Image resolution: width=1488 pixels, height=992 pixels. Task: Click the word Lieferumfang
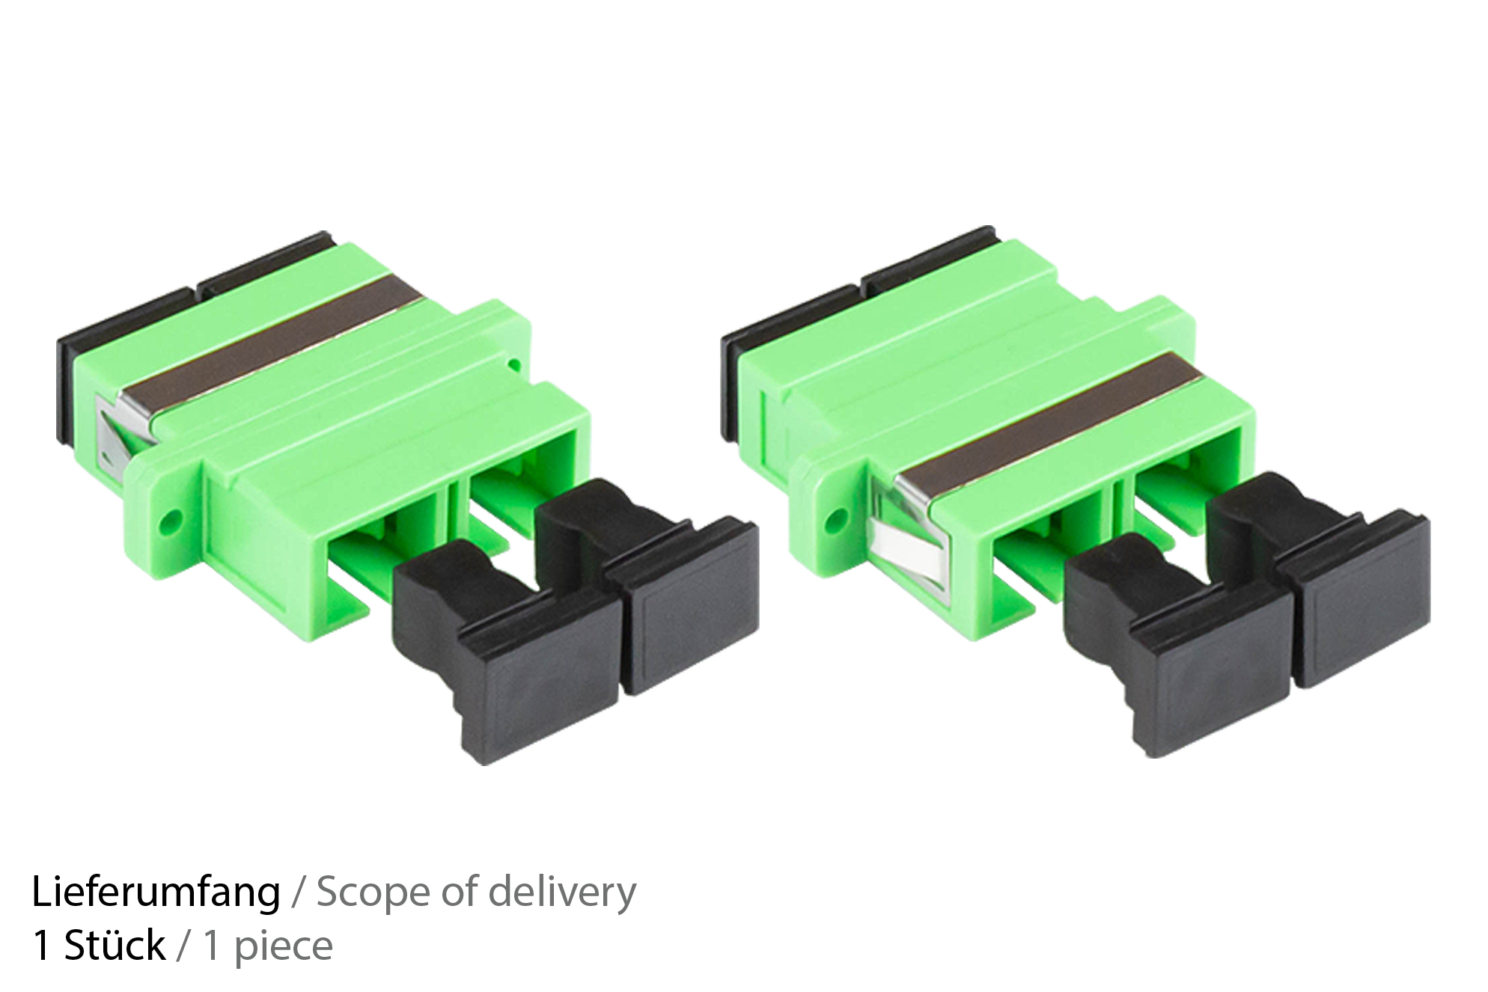pos(156,893)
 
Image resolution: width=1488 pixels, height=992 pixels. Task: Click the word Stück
pos(114,946)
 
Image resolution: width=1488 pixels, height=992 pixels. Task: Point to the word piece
pos(283,947)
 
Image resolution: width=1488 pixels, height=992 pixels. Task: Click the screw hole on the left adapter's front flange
pos(173,518)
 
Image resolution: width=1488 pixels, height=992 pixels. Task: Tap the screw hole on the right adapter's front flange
pos(838,515)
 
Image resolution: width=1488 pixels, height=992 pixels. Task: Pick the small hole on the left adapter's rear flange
pos(513,365)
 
